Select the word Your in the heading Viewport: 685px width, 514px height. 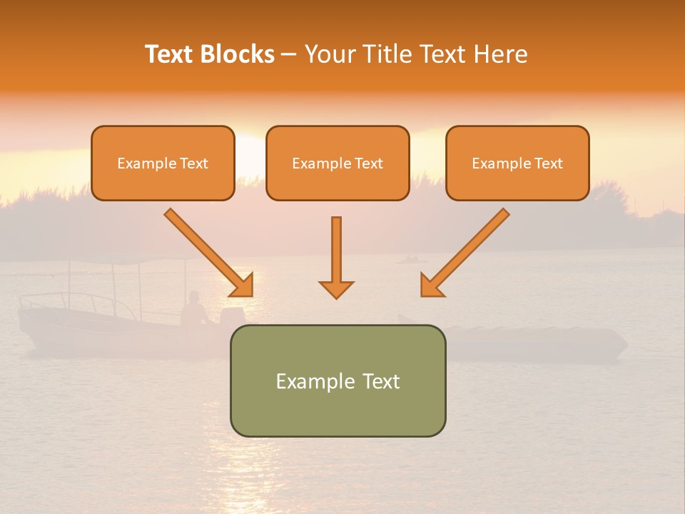(329, 54)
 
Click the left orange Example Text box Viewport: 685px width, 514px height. (163, 163)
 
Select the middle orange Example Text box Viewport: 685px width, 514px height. (338, 163)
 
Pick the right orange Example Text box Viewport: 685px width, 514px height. (517, 163)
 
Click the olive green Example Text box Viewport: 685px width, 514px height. (338, 381)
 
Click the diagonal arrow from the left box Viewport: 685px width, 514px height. (208, 252)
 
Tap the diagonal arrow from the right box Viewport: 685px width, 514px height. (465, 252)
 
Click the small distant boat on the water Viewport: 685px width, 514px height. (410, 259)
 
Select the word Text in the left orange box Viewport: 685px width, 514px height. (194, 163)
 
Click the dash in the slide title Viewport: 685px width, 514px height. (289, 55)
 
